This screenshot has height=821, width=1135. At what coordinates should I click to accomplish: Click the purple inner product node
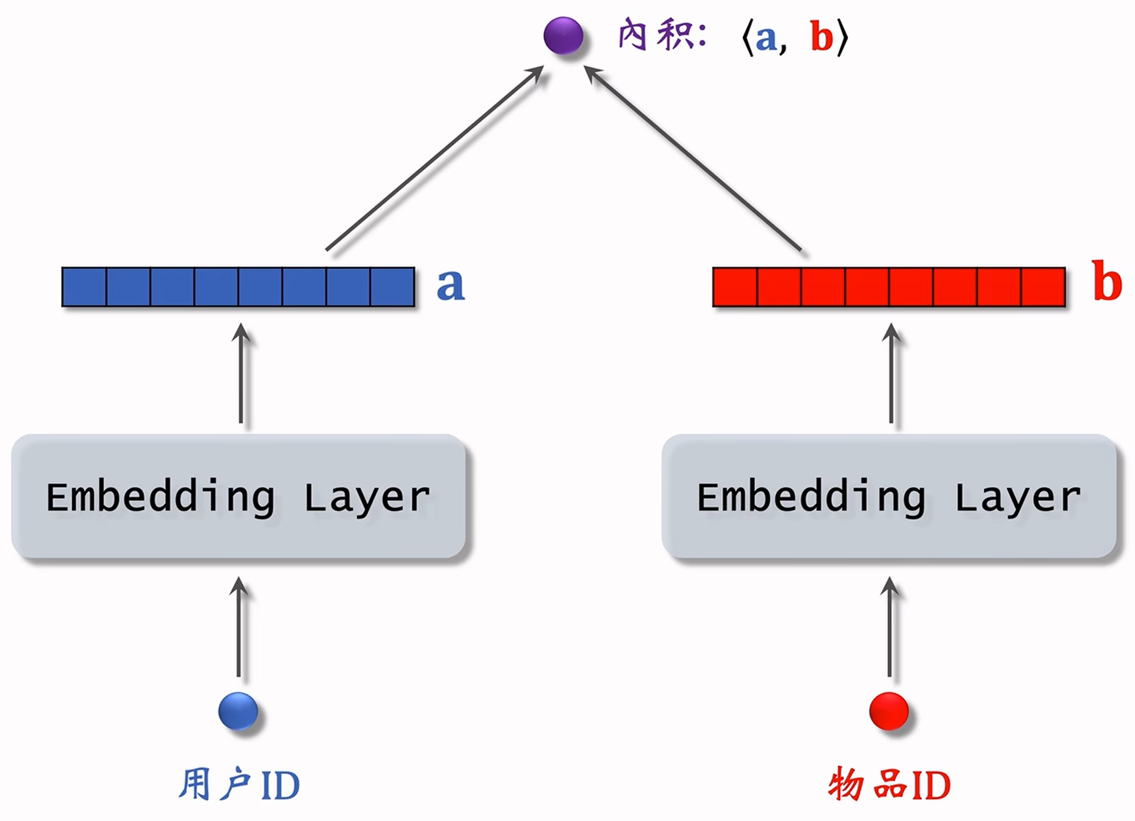pos(563,36)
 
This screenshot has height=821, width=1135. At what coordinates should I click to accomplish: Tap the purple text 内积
pos(656,35)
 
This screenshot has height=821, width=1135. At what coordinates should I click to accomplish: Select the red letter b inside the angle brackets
pos(821,37)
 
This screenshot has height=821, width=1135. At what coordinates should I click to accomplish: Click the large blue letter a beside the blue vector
pos(450,285)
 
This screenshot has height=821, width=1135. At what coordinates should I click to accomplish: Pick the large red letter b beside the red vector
pos(1107,282)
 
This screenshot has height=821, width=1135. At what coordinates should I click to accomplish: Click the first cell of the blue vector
pos(85,287)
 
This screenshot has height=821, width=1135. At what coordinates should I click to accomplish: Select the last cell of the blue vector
pos(393,287)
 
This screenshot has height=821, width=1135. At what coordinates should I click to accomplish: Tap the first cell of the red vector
pos(735,287)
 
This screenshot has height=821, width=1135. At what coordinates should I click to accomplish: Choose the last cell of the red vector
pos(1043,287)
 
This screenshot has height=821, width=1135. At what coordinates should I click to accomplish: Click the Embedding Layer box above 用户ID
pos(239,497)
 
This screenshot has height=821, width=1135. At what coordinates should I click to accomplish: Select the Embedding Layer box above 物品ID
pos(889,497)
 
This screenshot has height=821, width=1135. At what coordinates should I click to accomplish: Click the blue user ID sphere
pos(238,711)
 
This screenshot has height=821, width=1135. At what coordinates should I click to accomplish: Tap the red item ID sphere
pos(889,711)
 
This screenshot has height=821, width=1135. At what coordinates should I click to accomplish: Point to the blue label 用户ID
pos(239,785)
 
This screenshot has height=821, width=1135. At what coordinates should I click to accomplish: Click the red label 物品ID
pos(889,785)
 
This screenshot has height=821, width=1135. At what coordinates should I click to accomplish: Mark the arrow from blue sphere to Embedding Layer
pos(239,629)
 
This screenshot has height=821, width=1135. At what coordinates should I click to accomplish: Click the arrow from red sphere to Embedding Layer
pos(889,629)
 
